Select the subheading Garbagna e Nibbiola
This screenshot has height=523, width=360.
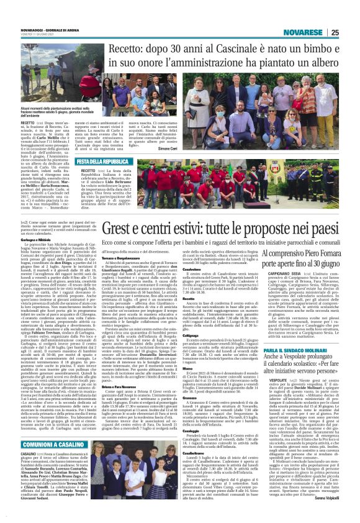(36, 255)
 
